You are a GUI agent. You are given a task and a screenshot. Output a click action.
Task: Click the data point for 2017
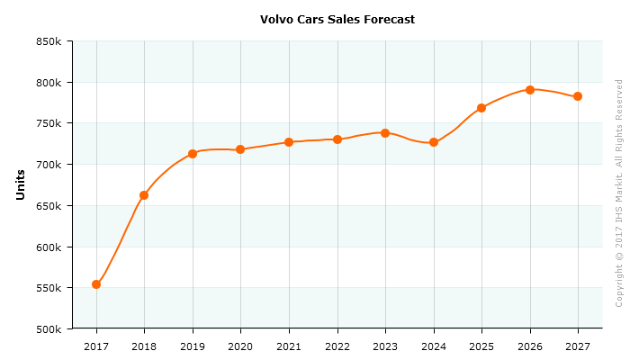pyautogui.click(x=96, y=284)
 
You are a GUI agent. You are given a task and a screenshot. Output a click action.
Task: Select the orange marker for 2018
pyautogui.click(x=144, y=195)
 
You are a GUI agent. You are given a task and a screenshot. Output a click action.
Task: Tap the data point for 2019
pyautogui.click(x=193, y=154)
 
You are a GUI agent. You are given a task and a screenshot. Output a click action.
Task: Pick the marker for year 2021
pyautogui.click(x=289, y=142)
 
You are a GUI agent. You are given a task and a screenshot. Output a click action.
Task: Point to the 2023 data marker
pyautogui.click(x=385, y=133)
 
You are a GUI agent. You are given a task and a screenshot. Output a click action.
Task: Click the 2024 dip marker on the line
pyautogui.click(x=434, y=142)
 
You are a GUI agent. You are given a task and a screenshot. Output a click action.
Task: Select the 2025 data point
pyautogui.click(x=481, y=108)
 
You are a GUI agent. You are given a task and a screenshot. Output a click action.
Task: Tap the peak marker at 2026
pyautogui.click(x=530, y=90)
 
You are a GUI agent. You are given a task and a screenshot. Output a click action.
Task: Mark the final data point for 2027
pyautogui.click(x=578, y=96)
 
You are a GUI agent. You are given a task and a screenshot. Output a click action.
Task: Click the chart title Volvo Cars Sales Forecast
pyautogui.click(x=337, y=19)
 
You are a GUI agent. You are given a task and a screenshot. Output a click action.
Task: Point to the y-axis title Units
pyautogui.click(x=21, y=184)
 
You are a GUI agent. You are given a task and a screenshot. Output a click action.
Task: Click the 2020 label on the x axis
pyautogui.click(x=240, y=346)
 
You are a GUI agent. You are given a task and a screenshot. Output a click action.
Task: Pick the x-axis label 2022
pyautogui.click(x=337, y=346)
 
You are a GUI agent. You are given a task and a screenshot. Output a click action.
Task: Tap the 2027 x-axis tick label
pyautogui.click(x=578, y=346)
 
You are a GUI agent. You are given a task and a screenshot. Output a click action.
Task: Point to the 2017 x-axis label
pyautogui.click(x=96, y=346)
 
